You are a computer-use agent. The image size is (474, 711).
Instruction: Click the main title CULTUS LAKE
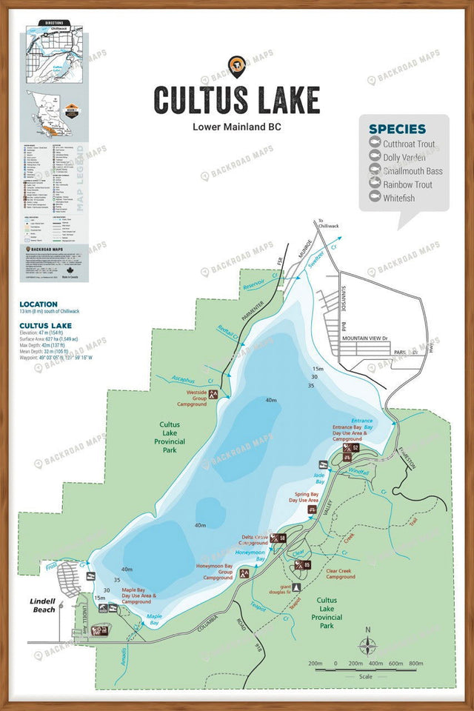pyautogui.click(x=236, y=99)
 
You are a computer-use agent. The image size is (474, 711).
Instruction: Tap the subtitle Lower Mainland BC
pyautogui.click(x=236, y=126)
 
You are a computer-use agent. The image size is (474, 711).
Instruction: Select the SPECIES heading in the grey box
pyautogui.click(x=397, y=129)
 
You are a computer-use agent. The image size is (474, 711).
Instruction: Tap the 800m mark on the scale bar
pyautogui.click(x=415, y=664)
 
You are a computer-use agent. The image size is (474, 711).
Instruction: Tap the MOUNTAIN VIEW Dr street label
pyautogui.click(x=364, y=338)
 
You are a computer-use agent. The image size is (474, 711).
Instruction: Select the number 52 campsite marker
pyautogui.click(x=355, y=448)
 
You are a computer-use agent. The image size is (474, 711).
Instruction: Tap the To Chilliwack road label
pyautogui.click(x=321, y=224)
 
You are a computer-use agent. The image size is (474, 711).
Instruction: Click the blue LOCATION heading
pyautogui.click(x=39, y=304)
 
